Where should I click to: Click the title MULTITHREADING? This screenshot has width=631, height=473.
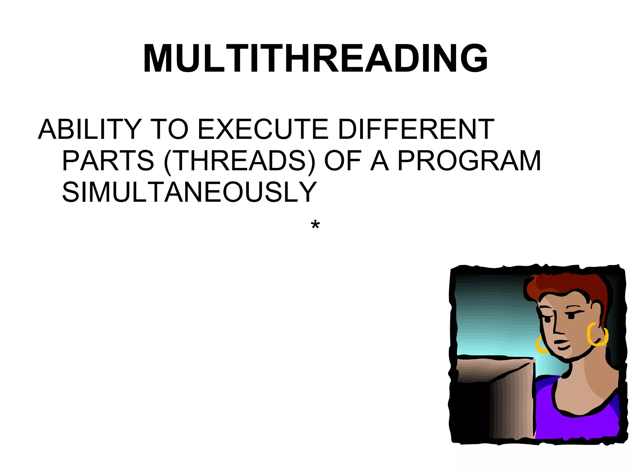315,58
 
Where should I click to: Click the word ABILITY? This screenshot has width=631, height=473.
90,129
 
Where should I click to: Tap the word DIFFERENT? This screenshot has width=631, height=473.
416,129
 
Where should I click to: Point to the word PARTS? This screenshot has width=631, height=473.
108,161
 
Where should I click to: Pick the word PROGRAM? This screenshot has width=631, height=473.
469,161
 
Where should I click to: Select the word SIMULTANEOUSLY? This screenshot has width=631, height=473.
189,192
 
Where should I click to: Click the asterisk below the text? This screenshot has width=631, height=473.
315,226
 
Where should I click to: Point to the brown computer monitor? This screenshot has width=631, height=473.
505,400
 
